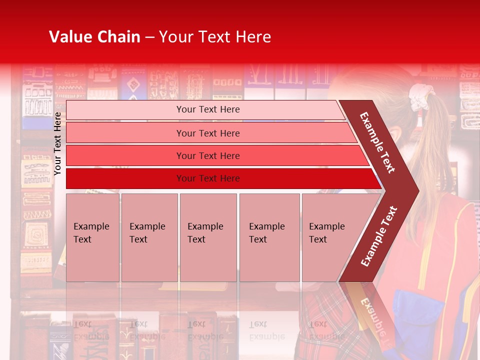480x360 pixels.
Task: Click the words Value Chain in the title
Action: click(x=94, y=37)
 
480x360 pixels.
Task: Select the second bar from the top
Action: click(x=207, y=133)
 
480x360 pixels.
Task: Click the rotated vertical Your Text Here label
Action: click(x=57, y=143)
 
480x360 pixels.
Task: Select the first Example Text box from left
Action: click(x=92, y=237)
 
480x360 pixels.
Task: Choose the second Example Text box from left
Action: click(x=149, y=237)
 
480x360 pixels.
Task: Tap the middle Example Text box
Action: click(x=208, y=237)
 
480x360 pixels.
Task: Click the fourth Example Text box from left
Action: click(x=269, y=237)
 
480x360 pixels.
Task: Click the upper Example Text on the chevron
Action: click(x=377, y=142)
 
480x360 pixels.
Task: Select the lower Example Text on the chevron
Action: click(x=379, y=236)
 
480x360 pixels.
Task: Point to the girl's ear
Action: click(x=395, y=134)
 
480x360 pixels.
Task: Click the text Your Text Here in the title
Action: click(x=215, y=37)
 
